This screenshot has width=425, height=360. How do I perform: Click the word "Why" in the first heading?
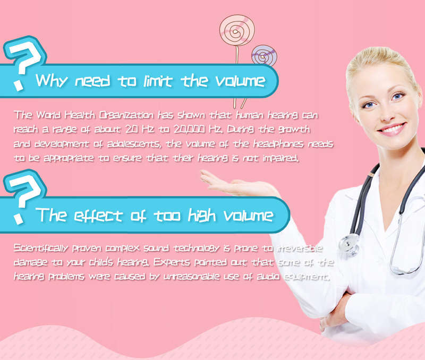(x=51, y=81)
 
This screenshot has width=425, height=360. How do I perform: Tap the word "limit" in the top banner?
(x=158, y=81)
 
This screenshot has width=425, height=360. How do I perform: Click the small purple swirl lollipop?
(x=263, y=56)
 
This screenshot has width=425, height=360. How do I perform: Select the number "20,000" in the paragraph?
(x=189, y=129)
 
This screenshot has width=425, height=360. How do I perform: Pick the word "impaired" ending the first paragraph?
(x=281, y=158)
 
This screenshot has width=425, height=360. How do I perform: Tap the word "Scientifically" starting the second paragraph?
(x=41, y=248)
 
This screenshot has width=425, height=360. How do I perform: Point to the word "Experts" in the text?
(x=172, y=262)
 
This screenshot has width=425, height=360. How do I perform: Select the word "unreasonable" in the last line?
(x=192, y=277)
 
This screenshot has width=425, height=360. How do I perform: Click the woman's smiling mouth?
(x=392, y=128)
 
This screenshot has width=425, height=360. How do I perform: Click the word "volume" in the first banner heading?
(x=240, y=81)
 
